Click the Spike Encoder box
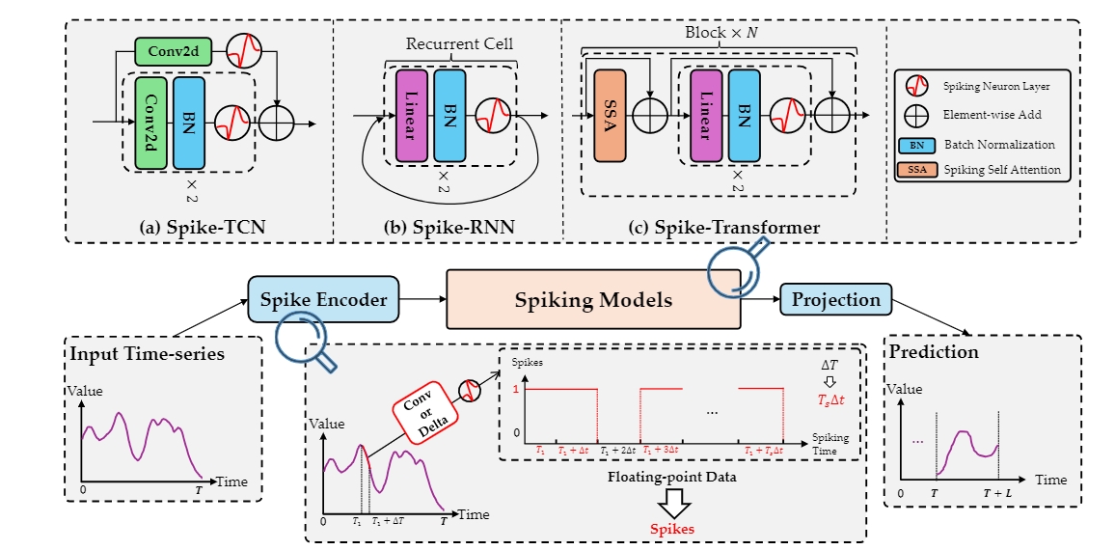click(x=323, y=300)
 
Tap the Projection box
click(x=836, y=300)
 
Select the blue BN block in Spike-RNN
click(x=450, y=117)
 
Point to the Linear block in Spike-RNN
click(x=412, y=117)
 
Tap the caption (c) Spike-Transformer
click(x=723, y=227)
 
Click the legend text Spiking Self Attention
click(x=1001, y=170)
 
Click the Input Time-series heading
click(x=147, y=353)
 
